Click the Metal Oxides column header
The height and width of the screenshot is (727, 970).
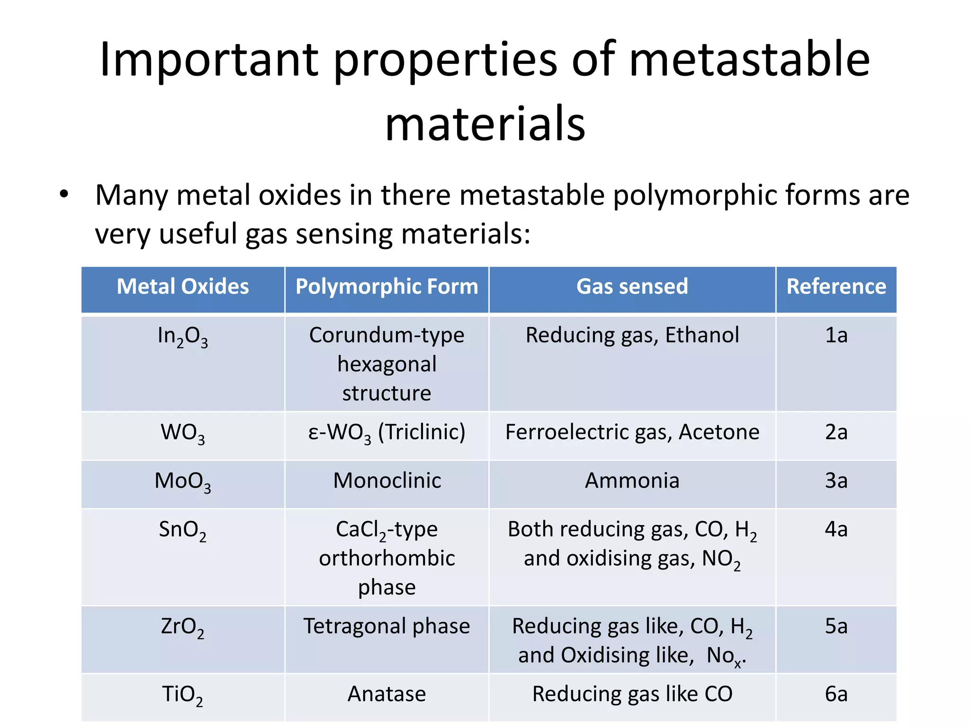[183, 287]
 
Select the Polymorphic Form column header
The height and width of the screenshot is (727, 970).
[386, 287]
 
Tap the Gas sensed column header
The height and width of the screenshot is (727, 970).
[632, 287]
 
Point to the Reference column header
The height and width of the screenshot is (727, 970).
[836, 287]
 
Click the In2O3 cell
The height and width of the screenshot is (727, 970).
[183, 337]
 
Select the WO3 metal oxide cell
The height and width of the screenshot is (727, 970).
[183, 433]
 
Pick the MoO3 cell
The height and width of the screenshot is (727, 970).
[183, 482]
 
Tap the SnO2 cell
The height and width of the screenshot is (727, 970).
[183, 530]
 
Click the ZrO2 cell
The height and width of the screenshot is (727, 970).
[183, 627]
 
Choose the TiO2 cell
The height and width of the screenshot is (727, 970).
[183, 695]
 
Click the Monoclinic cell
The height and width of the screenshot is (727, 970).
[387, 481]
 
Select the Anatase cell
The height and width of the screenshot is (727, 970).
[386, 694]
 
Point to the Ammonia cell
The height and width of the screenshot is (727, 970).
[632, 481]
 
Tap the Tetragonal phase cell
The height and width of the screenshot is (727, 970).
[386, 626]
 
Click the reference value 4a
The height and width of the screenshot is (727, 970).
[836, 529]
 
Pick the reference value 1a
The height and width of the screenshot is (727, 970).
[836, 336]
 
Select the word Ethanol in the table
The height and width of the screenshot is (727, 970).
[702, 336]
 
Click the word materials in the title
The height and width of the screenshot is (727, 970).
[485, 124]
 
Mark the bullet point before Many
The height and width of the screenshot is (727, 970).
[64, 194]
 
